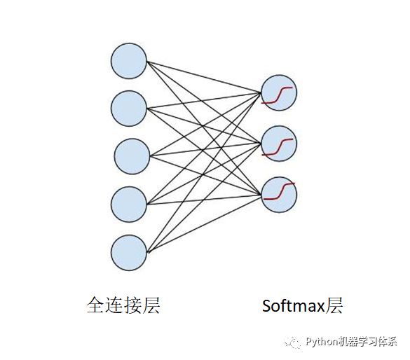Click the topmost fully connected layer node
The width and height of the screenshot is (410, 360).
(129, 61)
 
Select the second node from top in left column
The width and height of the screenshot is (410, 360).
(129, 109)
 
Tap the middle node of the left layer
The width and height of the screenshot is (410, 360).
(132, 156)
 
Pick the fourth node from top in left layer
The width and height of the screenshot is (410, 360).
(129, 205)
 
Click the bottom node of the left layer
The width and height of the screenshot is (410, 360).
(129, 253)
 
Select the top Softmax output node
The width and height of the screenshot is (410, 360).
(279, 92)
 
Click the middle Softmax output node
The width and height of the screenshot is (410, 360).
(279, 144)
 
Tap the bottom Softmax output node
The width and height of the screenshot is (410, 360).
(279, 195)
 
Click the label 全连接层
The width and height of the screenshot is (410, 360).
(123, 305)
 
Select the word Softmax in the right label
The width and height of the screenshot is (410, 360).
(294, 305)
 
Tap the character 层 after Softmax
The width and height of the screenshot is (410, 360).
(334, 305)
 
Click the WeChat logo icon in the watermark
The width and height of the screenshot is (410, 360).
(292, 342)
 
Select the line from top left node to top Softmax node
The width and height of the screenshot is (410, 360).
(204, 77)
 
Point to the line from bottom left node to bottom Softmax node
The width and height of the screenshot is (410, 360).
(204, 224)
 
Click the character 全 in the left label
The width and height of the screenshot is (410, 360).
(96, 305)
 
